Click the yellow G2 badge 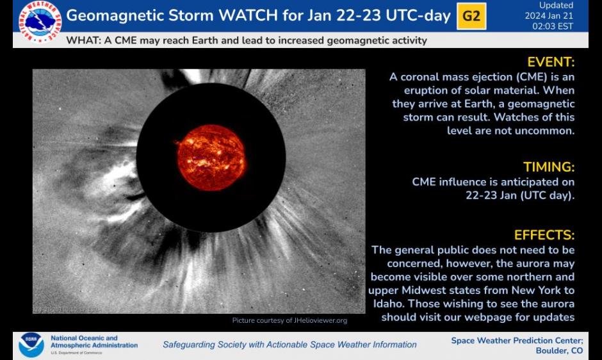click(471, 16)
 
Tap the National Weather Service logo click(40, 22)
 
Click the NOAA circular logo click(31, 345)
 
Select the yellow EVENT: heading click(551, 62)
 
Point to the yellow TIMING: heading click(549, 167)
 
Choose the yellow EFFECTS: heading click(544, 234)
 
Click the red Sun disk click(211, 158)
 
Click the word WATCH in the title click(248, 16)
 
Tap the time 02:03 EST click(553, 26)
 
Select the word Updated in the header click(556, 5)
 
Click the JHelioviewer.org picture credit click(289, 320)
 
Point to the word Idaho click(387, 304)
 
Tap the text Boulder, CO click(559, 351)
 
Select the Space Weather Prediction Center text click(517, 341)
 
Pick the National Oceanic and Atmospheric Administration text click(94, 341)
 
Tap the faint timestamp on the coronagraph click(65, 309)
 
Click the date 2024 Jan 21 click(549, 16)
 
